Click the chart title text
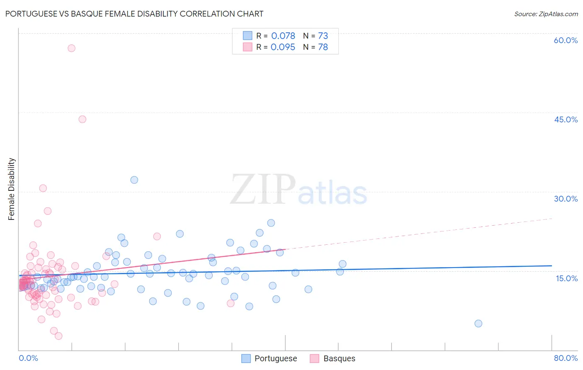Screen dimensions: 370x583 [134, 14]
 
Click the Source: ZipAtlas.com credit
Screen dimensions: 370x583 [546, 14]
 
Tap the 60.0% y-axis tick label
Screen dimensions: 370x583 [566, 40]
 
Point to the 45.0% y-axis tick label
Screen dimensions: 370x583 [566, 119]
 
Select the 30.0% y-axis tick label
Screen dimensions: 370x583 [566, 199]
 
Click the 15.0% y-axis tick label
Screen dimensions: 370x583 [566, 278]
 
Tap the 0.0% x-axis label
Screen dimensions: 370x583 [28, 358]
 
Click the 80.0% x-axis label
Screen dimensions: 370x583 [566, 358]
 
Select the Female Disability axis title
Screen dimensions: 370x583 [12, 189]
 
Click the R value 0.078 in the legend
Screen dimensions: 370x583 [283, 36]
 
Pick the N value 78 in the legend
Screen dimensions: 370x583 [323, 47]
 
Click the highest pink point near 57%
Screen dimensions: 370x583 [71, 48]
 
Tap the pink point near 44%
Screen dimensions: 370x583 [82, 119]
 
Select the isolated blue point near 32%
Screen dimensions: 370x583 [134, 180]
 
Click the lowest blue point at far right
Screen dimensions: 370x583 [478, 324]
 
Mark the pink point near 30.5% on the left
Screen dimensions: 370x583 [43, 188]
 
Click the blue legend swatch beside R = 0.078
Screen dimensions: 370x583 [248, 36]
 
